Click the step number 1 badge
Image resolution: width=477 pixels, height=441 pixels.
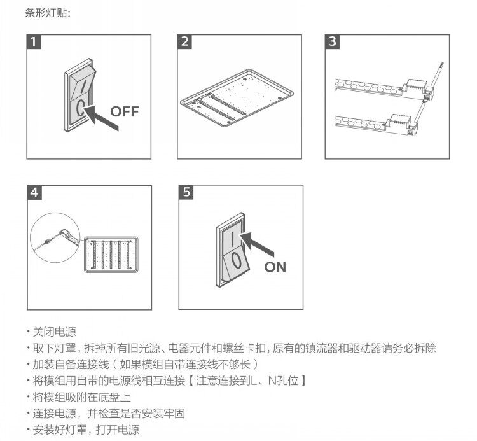pyautogui.click(x=34, y=41)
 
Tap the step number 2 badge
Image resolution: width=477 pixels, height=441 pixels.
pyautogui.click(x=184, y=41)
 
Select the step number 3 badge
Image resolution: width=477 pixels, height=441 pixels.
pyautogui.click(x=332, y=41)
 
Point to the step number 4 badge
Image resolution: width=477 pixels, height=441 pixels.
pyautogui.click(x=34, y=192)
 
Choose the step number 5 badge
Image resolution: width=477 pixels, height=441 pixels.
pyautogui.click(x=186, y=192)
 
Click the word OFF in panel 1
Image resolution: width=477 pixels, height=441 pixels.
pyautogui.click(x=125, y=111)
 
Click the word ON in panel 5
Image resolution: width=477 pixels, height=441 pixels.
pyautogui.click(x=275, y=267)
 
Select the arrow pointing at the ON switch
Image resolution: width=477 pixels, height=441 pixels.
pyautogui.click(x=257, y=244)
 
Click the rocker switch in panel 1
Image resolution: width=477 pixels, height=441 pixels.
pyautogui.click(x=79, y=95)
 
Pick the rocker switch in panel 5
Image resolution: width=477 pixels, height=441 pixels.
pyautogui.click(x=232, y=250)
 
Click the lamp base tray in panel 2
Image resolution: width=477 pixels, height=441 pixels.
pyautogui.click(x=237, y=98)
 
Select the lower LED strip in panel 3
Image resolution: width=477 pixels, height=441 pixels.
pyautogui.click(x=376, y=124)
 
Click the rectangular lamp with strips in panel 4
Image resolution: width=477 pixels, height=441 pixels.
pyautogui.click(x=111, y=255)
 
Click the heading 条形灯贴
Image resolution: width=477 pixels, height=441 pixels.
pyautogui.click(x=48, y=13)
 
